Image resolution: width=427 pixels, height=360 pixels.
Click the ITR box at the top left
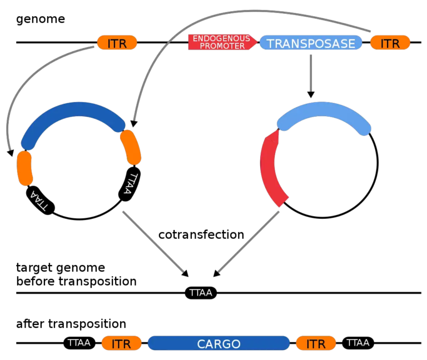[x=117, y=43]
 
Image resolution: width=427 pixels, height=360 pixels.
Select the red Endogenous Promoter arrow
[x=221, y=42]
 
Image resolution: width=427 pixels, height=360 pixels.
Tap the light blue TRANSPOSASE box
[x=311, y=43]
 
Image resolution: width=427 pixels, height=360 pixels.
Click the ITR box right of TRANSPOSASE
[x=390, y=43]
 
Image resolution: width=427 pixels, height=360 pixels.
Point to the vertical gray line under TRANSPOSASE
[x=311, y=73]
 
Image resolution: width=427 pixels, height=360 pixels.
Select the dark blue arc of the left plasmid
[x=72, y=111]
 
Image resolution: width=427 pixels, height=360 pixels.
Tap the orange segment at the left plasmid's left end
[x=24, y=168]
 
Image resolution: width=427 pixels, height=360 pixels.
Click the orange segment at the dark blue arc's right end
[x=131, y=147]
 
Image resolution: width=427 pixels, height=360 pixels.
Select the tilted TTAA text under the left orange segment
[x=39, y=201]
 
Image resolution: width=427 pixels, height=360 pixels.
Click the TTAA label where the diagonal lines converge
[x=200, y=292]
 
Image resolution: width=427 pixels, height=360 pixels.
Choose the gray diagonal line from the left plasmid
[x=153, y=242]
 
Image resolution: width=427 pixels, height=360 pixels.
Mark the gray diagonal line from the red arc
[x=249, y=242]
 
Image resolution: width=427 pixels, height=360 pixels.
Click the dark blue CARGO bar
[x=219, y=343]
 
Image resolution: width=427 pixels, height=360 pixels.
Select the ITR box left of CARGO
[x=121, y=343]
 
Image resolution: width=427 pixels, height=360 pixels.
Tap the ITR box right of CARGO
[x=316, y=343]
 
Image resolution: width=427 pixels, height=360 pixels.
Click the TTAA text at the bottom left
[x=79, y=343]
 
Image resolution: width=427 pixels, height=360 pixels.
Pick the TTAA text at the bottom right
[x=358, y=343]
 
